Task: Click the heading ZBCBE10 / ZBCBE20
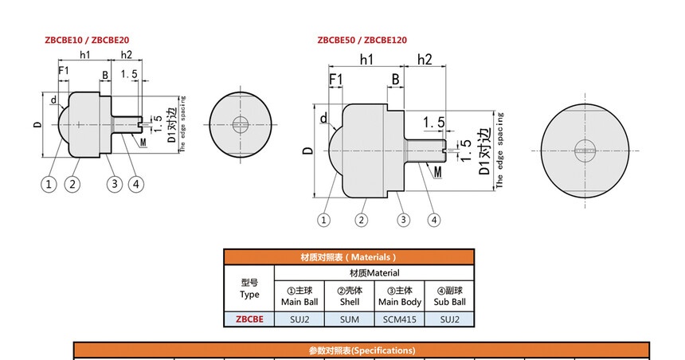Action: (x=87, y=40)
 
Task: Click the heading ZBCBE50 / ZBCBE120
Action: (x=362, y=40)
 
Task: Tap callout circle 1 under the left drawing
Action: (x=49, y=185)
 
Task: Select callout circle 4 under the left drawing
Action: (x=136, y=185)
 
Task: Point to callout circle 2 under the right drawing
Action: (x=362, y=220)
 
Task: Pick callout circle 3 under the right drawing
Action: (x=404, y=220)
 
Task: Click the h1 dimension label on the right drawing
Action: (x=367, y=60)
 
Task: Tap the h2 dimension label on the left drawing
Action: (x=126, y=55)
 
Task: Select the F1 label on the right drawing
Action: (x=336, y=80)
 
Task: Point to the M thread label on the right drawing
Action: (x=438, y=170)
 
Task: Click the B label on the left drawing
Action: (x=104, y=75)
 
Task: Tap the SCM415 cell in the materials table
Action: (x=399, y=319)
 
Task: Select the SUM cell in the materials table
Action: (x=349, y=319)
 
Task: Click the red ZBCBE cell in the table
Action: (x=249, y=319)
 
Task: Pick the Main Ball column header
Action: (x=299, y=295)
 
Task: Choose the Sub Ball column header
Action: (x=449, y=295)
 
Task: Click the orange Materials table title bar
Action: (x=348, y=257)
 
